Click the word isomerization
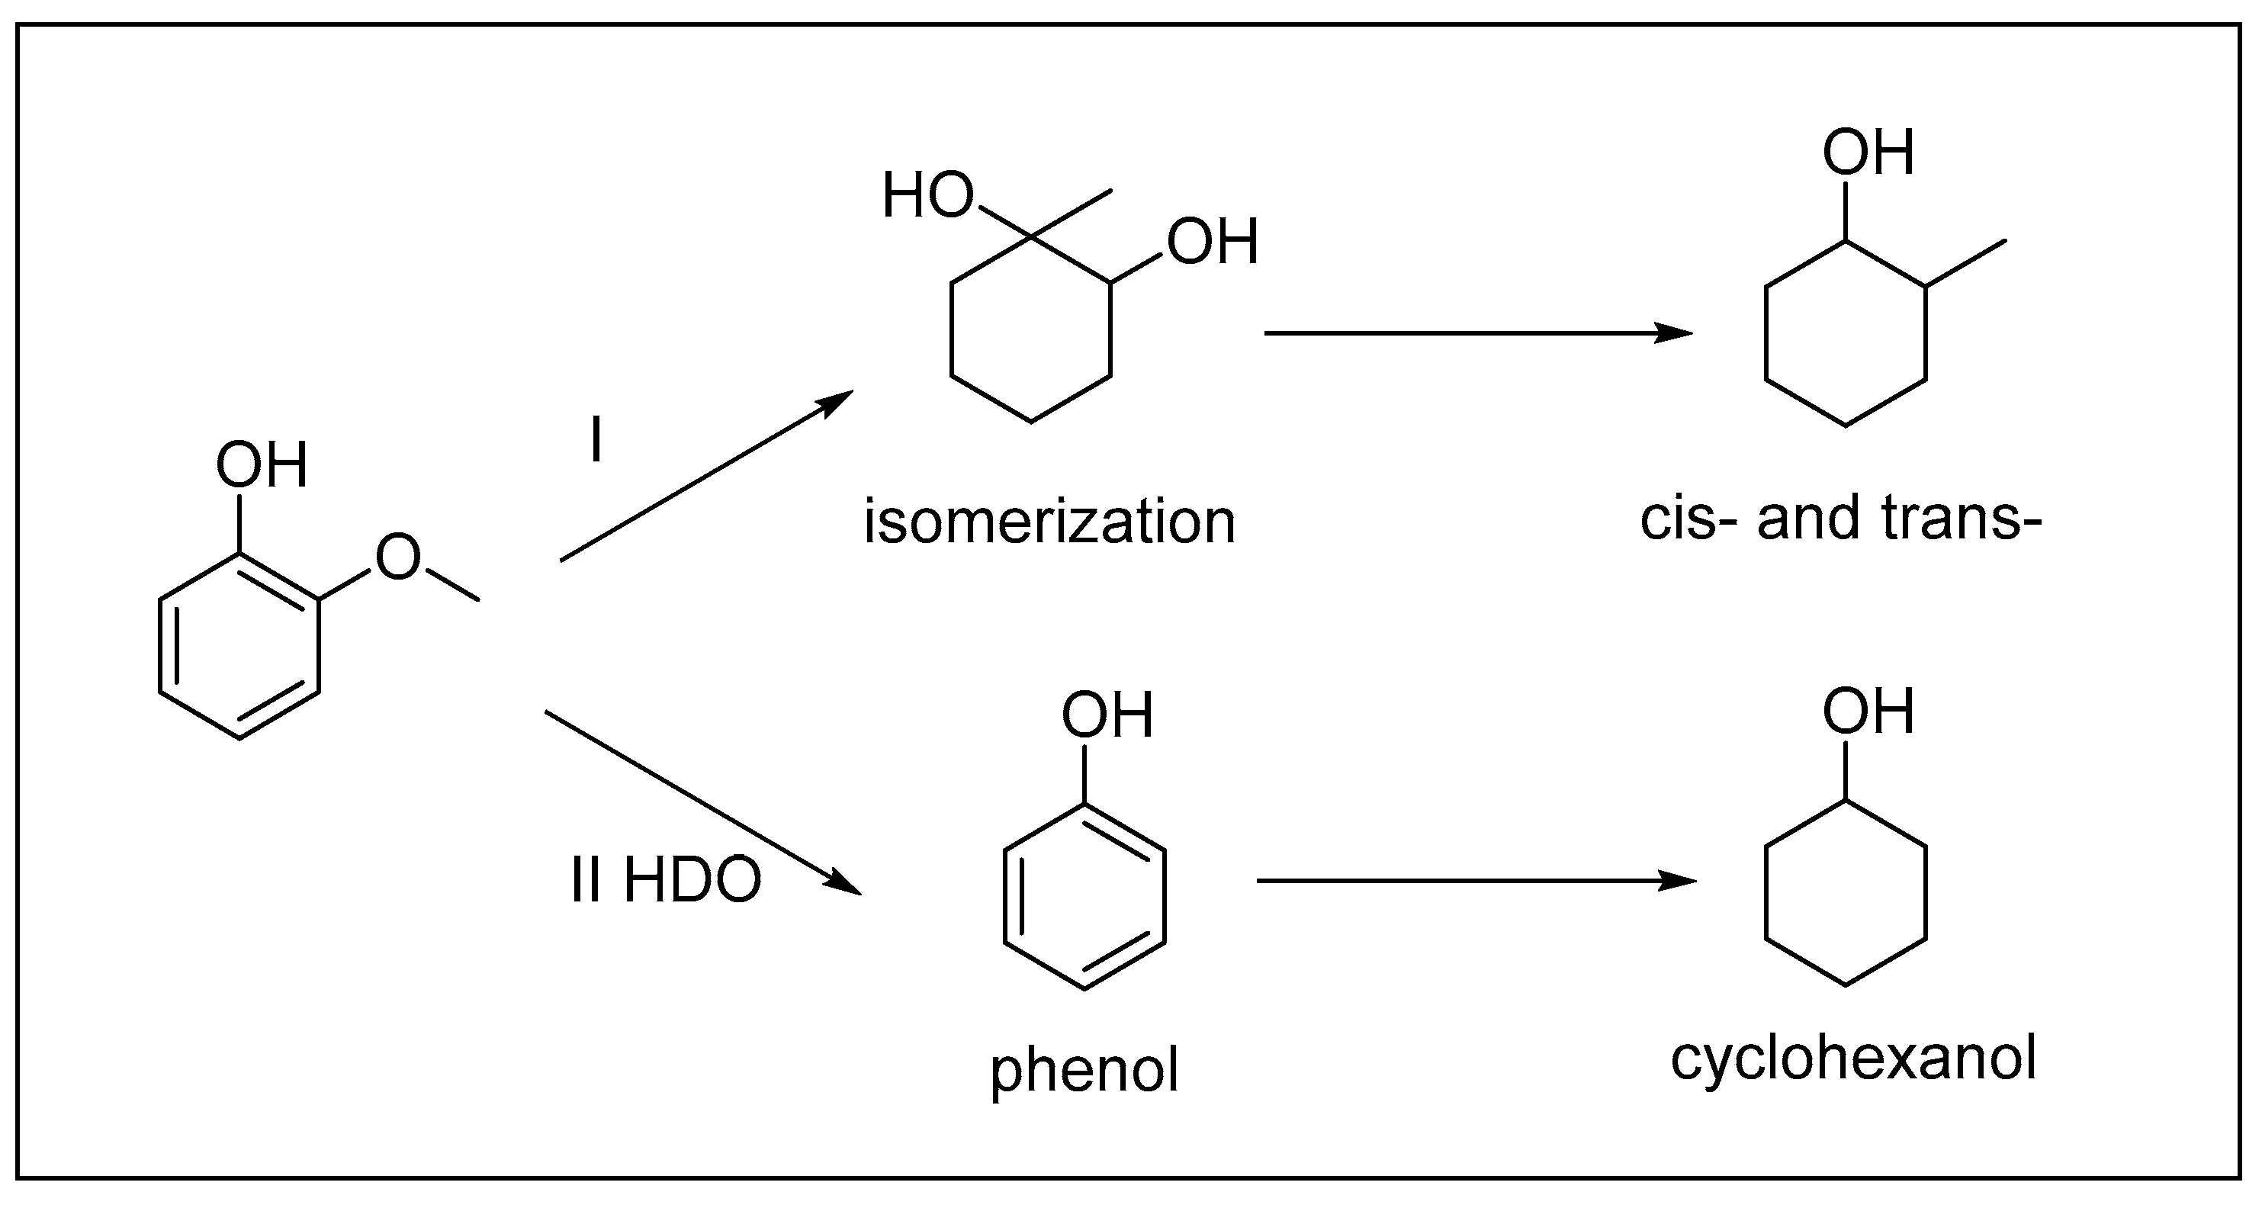1049,522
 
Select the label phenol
1084,1071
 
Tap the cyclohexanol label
1852,1059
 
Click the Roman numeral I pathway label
596,440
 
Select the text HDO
692,881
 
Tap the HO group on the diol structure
928,196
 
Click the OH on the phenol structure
1107,715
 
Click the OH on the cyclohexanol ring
1868,712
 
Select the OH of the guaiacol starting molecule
262,465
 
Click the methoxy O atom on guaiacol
398,557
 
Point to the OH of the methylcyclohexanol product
1868,153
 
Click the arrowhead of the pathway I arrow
839,400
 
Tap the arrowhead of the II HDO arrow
845,884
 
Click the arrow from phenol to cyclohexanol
1475,881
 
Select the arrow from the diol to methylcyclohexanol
1475,333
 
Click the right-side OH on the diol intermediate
1213,243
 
